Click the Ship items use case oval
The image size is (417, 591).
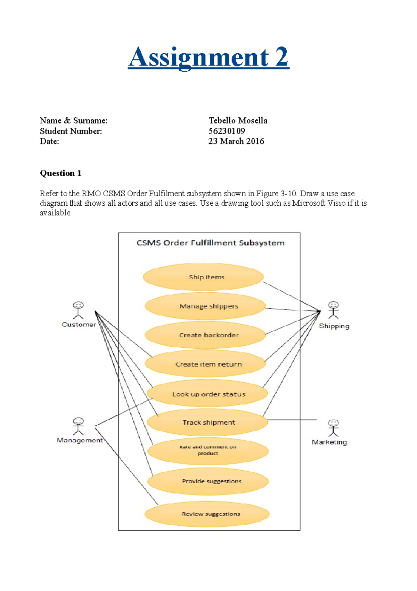click(203, 277)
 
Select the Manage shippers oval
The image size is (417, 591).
click(205, 307)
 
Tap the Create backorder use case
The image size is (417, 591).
click(205, 335)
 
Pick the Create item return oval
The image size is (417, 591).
click(205, 364)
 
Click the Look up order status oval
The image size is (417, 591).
click(207, 394)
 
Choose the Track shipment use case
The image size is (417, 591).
click(207, 423)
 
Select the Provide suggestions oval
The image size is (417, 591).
click(208, 481)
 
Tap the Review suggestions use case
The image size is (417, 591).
click(207, 514)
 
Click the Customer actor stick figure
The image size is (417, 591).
click(78, 310)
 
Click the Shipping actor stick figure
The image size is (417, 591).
click(333, 310)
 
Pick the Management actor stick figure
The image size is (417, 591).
click(78, 426)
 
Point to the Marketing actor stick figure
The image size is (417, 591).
click(333, 428)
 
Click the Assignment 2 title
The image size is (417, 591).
click(208, 57)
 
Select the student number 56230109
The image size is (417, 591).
click(227, 131)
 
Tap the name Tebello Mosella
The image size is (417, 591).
click(238, 121)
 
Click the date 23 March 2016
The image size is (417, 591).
click(236, 141)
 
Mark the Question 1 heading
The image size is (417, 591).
click(61, 173)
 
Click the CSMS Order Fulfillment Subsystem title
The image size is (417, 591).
click(210, 243)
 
